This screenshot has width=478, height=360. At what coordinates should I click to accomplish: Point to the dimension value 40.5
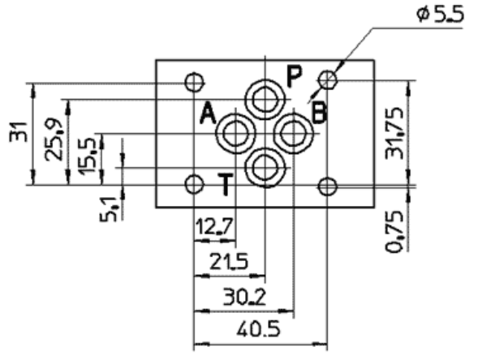coord(256,328)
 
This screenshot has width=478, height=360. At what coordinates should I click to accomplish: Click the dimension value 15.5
coord(84,152)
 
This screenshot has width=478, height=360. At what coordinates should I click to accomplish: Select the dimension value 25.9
coord(55,140)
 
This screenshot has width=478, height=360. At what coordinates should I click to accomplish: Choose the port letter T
coord(229,186)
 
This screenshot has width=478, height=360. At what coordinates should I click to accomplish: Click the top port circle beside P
coord(265,100)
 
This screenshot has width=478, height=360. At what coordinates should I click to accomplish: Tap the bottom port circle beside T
coord(265,168)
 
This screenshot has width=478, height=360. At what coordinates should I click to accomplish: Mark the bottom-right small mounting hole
coord(327,186)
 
